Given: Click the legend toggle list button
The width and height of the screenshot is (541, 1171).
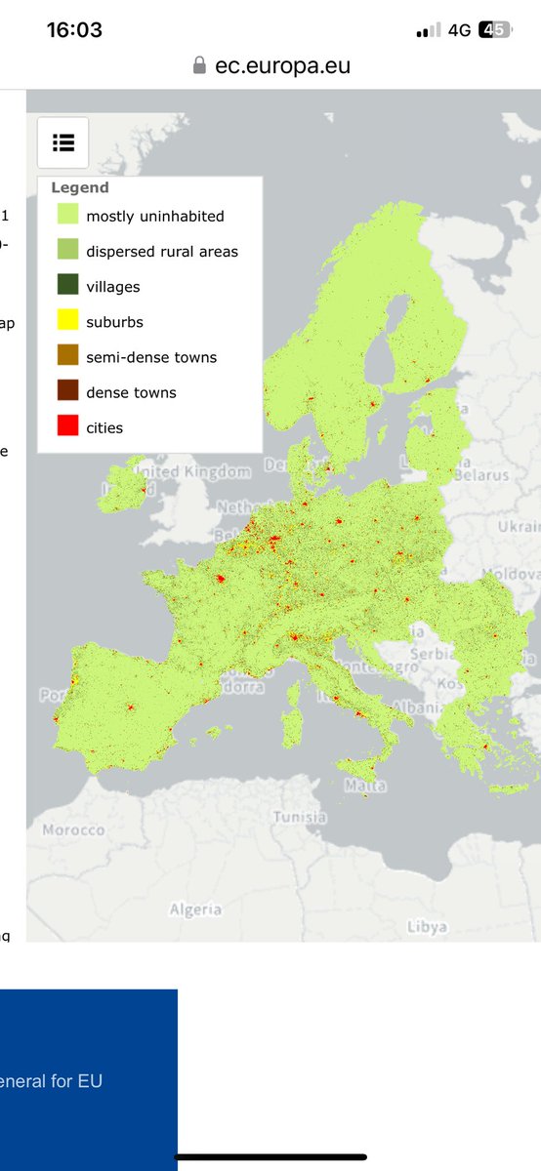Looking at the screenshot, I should click(x=63, y=142).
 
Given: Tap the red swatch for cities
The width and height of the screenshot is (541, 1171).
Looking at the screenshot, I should click(x=67, y=426).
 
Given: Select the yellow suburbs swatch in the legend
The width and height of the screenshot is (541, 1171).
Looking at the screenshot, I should click(x=67, y=321).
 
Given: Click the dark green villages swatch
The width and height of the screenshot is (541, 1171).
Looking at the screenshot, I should click(x=67, y=286).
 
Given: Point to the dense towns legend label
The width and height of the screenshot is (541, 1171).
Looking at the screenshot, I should click(x=132, y=392).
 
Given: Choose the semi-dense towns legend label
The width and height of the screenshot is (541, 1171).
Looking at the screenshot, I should click(x=151, y=357).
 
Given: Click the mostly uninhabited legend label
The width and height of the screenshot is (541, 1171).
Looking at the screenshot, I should click(x=154, y=217).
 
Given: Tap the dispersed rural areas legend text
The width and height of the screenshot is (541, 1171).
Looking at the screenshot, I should click(x=162, y=252).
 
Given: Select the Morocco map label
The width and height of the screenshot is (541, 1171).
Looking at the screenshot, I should click(x=73, y=829).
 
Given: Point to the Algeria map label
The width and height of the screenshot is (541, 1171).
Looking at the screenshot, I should click(x=195, y=909).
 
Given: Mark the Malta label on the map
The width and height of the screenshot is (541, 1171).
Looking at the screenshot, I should click(x=365, y=786).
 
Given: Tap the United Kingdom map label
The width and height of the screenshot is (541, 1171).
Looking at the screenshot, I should click(x=192, y=472).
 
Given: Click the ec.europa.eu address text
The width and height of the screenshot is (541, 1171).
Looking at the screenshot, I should click(x=282, y=66).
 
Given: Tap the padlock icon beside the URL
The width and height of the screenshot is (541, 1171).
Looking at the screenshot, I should click(x=200, y=66).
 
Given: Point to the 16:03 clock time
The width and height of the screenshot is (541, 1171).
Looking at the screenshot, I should click(x=74, y=29).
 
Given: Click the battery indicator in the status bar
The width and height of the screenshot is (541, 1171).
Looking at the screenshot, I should click(x=494, y=30).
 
